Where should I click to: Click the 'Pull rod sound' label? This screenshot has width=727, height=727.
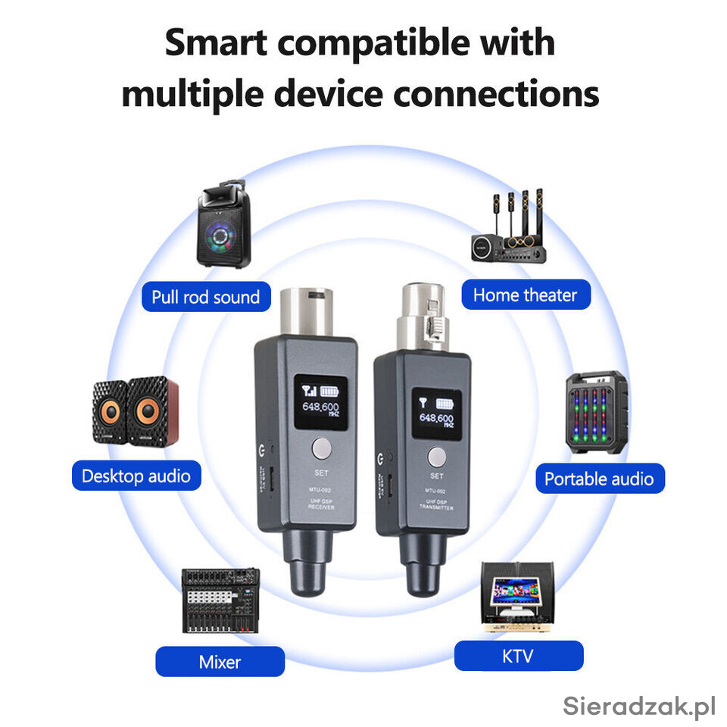pyautogui.click(x=205, y=297)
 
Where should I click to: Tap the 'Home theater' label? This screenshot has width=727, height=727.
pyautogui.click(x=525, y=295)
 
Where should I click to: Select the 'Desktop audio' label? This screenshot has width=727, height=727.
pyautogui.click(x=136, y=476)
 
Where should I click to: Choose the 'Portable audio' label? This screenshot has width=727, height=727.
pyautogui.click(x=598, y=479)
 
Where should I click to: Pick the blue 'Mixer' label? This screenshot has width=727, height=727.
pyautogui.click(x=220, y=662)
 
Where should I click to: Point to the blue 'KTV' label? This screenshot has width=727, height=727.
pyautogui.click(x=518, y=656)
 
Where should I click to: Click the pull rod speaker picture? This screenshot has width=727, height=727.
pyautogui.click(x=224, y=226)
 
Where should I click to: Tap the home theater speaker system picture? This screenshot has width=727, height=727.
pyautogui.click(x=508, y=227)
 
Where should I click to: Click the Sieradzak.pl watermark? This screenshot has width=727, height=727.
pyautogui.click(x=639, y=706)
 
